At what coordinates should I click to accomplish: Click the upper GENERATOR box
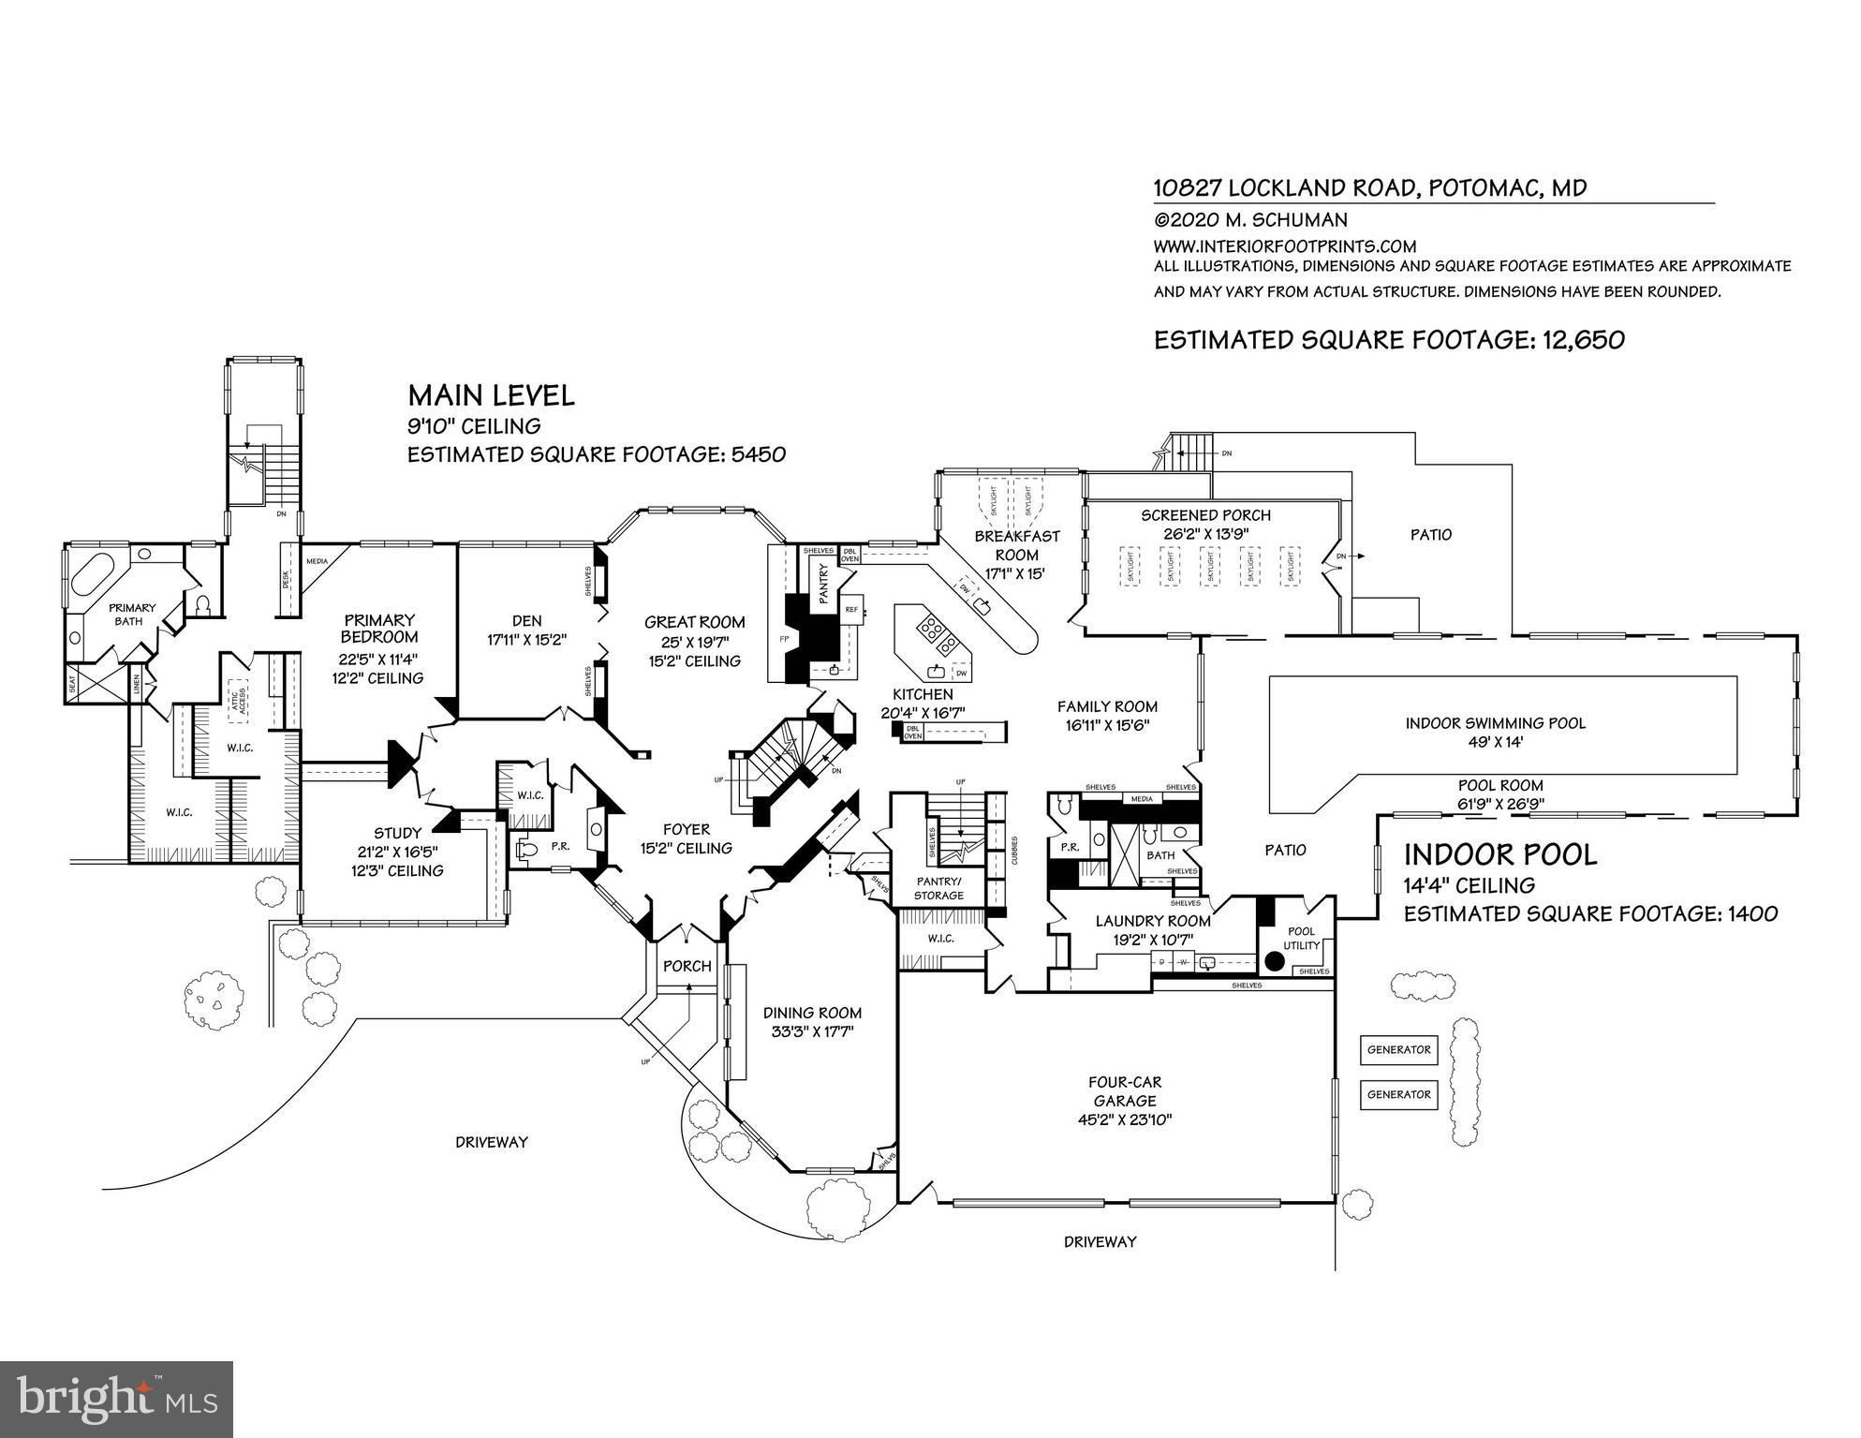pyautogui.click(x=1398, y=1050)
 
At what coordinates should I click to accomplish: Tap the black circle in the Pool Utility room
pyautogui.click(x=1274, y=960)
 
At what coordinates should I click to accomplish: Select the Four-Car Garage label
pyautogui.click(x=1125, y=1091)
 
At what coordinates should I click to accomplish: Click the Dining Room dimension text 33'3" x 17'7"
pyautogui.click(x=812, y=1032)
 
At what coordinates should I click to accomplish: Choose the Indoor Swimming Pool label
pyautogui.click(x=1495, y=723)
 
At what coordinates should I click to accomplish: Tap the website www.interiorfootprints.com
pyautogui.click(x=1284, y=246)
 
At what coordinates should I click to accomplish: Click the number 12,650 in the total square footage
pyautogui.click(x=1583, y=340)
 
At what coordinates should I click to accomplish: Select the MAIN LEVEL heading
pyautogui.click(x=491, y=395)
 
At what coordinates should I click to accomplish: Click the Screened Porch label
pyautogui.click(x=1205, y=515)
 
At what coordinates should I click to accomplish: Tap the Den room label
pyautogui.click(x=526, y=620)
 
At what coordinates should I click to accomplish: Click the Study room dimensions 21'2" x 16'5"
pyautogui.click(x=398, y=852)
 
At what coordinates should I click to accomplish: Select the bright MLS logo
pyautogui.click(x=116, y=1400)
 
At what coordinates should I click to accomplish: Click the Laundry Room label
pyautogui.click(x=1153, y=921)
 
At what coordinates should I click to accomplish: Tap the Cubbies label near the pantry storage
pyautogui.click(x=1014, y=851)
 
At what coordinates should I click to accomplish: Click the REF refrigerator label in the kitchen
pyautogui.click(x=851, y=609)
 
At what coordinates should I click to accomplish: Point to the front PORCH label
pyautogui.click(x=687, y=966)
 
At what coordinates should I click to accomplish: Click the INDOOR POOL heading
pyautogui.click(x=1499, y=854)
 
